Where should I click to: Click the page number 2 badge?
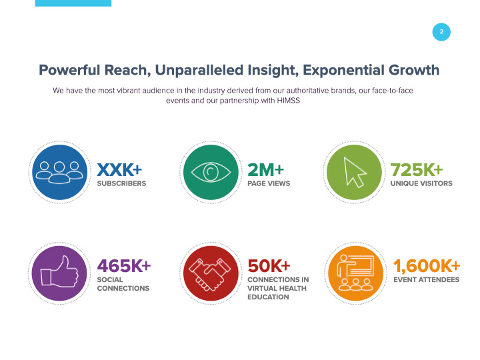tap(441, 31)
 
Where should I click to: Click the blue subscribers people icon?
tap(60, 172)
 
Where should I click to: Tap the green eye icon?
tap(211, 172)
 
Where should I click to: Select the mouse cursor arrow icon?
tap(354, 172)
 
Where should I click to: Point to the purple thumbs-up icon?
tap(60, 273)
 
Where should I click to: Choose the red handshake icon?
tap(211, 273)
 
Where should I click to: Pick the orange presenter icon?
tap(354, 273)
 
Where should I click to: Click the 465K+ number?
tap(123, 265)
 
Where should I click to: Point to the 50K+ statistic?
tap(269, 265)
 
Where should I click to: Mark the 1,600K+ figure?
tap(427, 265)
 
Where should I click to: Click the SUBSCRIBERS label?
tap(121, 183)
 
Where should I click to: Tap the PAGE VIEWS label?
tap(269, 183)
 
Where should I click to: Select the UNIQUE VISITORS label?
tap(421, 183)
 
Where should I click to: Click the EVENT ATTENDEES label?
tap(426, 280)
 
